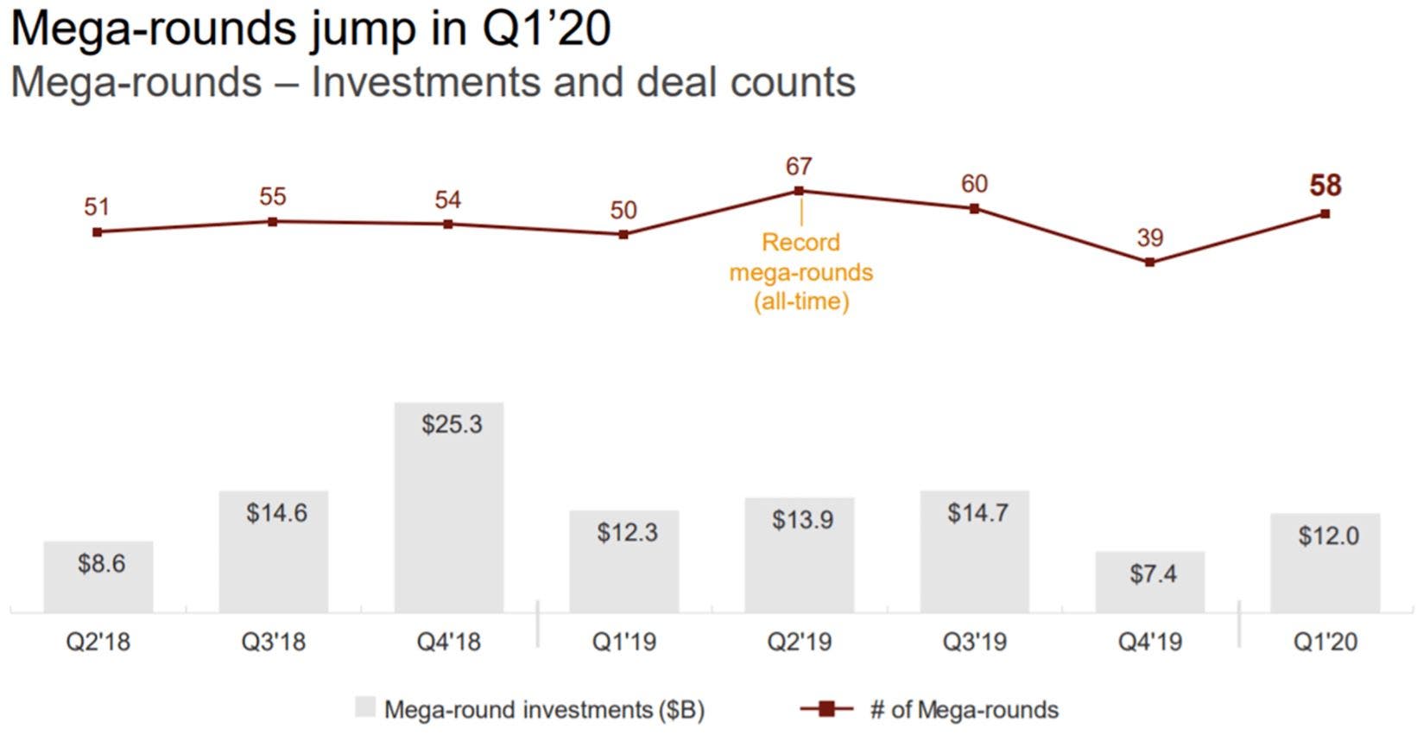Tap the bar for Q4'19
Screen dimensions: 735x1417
tap(1149, 582)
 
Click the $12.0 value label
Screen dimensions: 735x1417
tap(1328, 536)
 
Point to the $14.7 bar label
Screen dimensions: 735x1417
tap(977, 513)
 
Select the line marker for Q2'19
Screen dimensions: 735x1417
tap(799, 191)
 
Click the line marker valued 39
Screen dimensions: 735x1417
tap(1149, 262)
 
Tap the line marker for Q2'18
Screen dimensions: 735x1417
tap(97, 231)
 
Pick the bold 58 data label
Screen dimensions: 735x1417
tap(1325, 186)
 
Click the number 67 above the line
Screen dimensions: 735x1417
tap(799, 166)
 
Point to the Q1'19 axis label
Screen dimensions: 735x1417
tap(623, 642)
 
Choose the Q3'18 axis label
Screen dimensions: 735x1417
tap(273, 642)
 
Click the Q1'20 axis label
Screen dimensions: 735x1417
tap(1325, 642)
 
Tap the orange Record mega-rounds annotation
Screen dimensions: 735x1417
tap(801, 271)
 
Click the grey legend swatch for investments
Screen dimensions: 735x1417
tap(365, 708)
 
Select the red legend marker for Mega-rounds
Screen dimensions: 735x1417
tap(826, 709)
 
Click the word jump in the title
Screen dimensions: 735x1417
tap(362, 29)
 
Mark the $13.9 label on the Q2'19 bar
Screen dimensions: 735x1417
tap(802, 520)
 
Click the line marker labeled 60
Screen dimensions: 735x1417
tap(974, 208)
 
